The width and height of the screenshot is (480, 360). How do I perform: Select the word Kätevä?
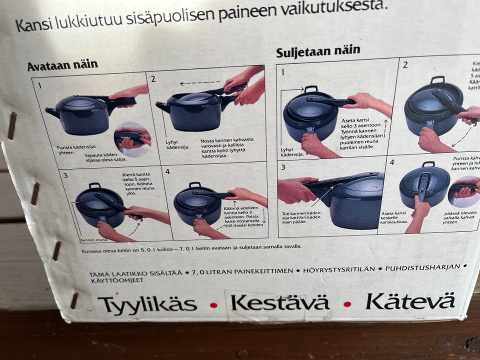(409, 301)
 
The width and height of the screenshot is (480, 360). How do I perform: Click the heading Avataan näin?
(62, 65)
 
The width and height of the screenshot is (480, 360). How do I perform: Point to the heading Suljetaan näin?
(318, 50)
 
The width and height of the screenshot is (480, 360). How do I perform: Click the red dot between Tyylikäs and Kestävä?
(213, 304)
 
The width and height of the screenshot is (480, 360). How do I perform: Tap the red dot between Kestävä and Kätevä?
(347, 303)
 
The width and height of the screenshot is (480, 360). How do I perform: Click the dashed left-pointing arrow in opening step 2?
(199, 83)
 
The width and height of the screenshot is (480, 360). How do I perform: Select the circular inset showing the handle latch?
(132, 139)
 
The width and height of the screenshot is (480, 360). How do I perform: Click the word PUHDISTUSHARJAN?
(422, 267)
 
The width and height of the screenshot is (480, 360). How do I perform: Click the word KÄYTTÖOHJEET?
(115, 280)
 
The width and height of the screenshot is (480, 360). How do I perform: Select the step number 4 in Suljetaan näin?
(392, 162)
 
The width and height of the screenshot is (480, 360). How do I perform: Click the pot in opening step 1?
(82, 114)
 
